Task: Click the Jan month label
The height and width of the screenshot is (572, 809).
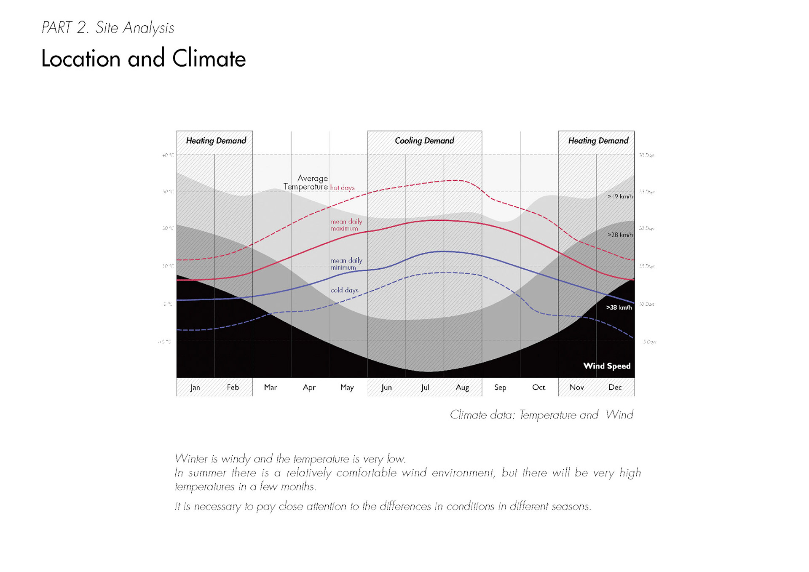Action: tap(195, 388)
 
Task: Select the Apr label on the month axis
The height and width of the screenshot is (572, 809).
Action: tap(309, 388)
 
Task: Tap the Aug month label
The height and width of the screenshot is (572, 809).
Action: tap(462, 388)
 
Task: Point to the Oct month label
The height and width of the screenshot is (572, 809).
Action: tap(538, 388)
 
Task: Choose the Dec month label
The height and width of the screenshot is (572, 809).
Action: tap(615, 388)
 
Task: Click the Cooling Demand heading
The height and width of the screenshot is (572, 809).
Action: tap(424, 141)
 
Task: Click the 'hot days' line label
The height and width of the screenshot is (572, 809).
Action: tap(342, 188)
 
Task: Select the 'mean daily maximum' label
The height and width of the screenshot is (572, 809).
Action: tap(346, 225)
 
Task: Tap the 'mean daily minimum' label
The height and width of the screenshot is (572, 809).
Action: tap(346, 264)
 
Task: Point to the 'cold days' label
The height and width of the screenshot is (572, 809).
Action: tap(344, 290)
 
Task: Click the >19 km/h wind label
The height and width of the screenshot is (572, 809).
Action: tap(620, 196)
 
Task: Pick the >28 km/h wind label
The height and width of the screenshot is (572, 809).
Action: tap(620, 235)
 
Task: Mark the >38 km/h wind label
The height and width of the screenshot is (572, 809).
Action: tap(619, 307)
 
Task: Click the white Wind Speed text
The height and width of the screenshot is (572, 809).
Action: tap(607, 366)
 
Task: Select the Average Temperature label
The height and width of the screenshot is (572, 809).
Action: tap(306, 182)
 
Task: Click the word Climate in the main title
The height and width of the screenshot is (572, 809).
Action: tap(209, 59)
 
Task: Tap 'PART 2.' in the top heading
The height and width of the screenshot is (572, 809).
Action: tap(65, 28)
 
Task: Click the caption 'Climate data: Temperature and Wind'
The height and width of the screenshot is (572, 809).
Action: tap(541, 415)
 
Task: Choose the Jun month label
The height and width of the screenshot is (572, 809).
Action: tap(386, 388)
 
